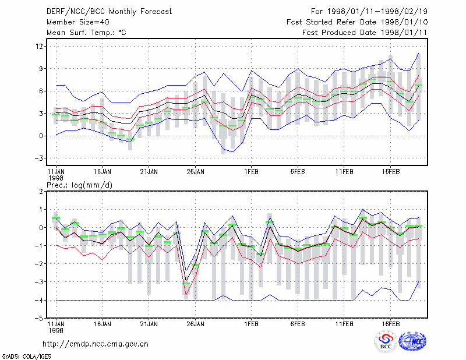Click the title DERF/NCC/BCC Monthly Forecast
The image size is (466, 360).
tap(109, 12)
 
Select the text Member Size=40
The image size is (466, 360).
tap(78, 22)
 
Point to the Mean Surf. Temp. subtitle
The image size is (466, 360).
tap(86, 33)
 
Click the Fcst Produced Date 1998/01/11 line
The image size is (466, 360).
tap(365, 33)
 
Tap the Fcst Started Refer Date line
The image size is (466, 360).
tap(357, 22)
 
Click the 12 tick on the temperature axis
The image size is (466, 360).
tap(39, 47)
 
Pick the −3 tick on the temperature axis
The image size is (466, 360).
tap(38, 158)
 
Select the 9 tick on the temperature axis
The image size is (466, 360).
tap(41, 69)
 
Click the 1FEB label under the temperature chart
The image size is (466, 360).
tap(252, 172)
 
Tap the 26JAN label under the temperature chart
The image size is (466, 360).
tap(195, 172)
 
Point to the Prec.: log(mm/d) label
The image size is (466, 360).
tap(79, 185)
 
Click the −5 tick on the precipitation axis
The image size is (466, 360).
tap(38, 319)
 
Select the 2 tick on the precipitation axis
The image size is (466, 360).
tap(41, 192)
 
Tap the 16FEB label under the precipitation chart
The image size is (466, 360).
tap(390, 324)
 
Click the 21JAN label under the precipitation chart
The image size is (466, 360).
tap(149, 324)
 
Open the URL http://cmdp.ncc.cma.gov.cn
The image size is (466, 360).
tap(96, 344)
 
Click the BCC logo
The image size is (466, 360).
tap(386, 341)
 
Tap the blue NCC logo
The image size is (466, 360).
tap(412, 341)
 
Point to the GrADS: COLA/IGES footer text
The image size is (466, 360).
tap(26, 357)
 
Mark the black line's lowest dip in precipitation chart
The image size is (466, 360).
tap(186, 281)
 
